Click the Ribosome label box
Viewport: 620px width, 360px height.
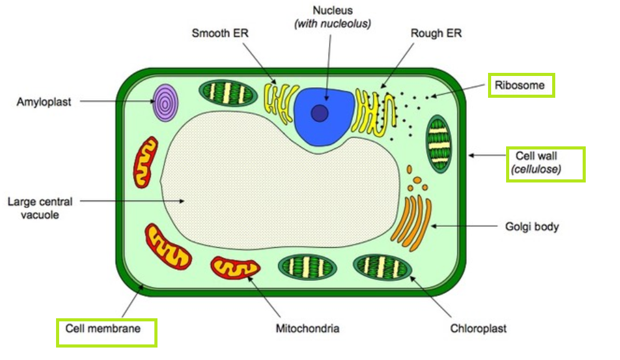(x=521, y=85)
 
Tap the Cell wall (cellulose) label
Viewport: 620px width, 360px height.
(x=545, y=163)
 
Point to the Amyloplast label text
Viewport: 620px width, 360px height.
(x=44, y=102)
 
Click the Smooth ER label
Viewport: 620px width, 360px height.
(x=220, y=33)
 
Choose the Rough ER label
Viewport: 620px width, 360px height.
(x=436, y=33)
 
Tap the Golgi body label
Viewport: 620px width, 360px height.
(x=532, y=226)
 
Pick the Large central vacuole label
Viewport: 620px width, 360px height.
(x=40, y=209)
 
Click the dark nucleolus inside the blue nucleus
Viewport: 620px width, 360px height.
(x=320, y=113)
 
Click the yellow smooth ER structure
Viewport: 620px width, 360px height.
(x=279, y=102)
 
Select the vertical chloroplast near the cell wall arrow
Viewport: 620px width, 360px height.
(x=439, y=143)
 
